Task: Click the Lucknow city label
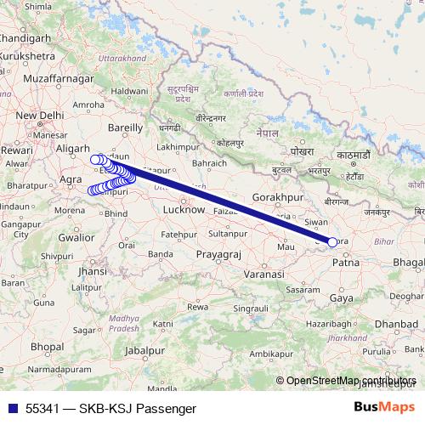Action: pyautogui.click(x=184, y=208)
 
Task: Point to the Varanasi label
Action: pyautogui.click(x=263, y=275)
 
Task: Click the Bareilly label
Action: pyautogui.click(x=124, y=127)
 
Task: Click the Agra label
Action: pyautogui.click(x=71, y=179)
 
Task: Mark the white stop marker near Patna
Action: pyautogui.click(x=332, y=242)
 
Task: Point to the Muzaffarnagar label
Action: pyautogui.click(x=58, y=77)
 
